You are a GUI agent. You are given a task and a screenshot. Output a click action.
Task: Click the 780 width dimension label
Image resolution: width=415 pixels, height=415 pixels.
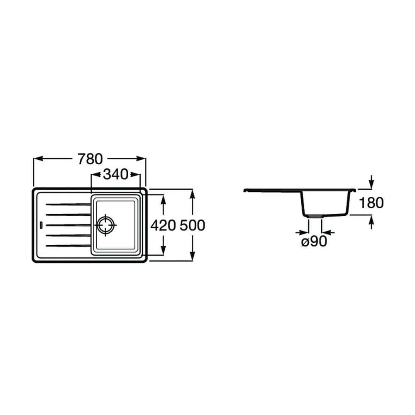[x=90, y=159]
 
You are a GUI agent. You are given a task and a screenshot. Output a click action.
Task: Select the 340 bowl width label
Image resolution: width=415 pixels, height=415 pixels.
[x=115, y=174]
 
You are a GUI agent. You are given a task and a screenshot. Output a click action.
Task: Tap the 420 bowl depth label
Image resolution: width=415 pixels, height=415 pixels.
[x=163, y=225]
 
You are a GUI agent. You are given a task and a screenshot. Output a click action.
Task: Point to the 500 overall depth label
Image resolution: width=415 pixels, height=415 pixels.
[x=193, y=225]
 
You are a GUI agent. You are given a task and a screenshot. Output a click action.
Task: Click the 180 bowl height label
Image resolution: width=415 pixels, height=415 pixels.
[x=371, y=203]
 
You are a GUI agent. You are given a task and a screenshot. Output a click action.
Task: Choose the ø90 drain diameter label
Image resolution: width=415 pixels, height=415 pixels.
[x=314, y=241]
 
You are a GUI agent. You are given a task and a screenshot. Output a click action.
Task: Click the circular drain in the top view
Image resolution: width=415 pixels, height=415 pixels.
[x=106, y=225]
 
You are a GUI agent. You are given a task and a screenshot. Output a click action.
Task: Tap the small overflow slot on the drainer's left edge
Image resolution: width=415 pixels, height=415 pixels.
[x=41, y=225]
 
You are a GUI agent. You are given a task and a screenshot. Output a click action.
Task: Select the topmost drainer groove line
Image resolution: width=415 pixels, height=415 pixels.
[x=68, y=204]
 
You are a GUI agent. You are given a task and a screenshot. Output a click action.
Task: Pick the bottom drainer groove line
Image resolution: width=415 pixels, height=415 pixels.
[x=68, y=246]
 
